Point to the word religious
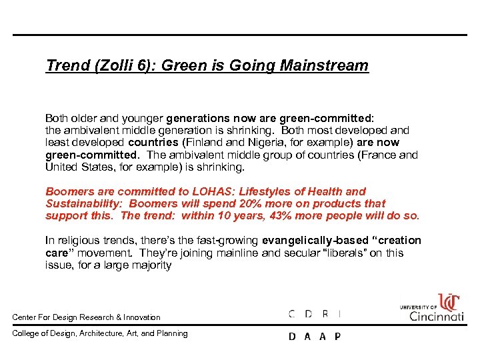pyautogui.click(x=77, y=240)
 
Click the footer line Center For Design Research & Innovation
pyautogui.click(x=87, y=317)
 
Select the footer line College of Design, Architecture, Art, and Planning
pyautogui.click(x=100, y=333)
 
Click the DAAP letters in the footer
pyautogui.click(x=315, y=336)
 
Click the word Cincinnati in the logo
pyautogui.click(x=437, y=316)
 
